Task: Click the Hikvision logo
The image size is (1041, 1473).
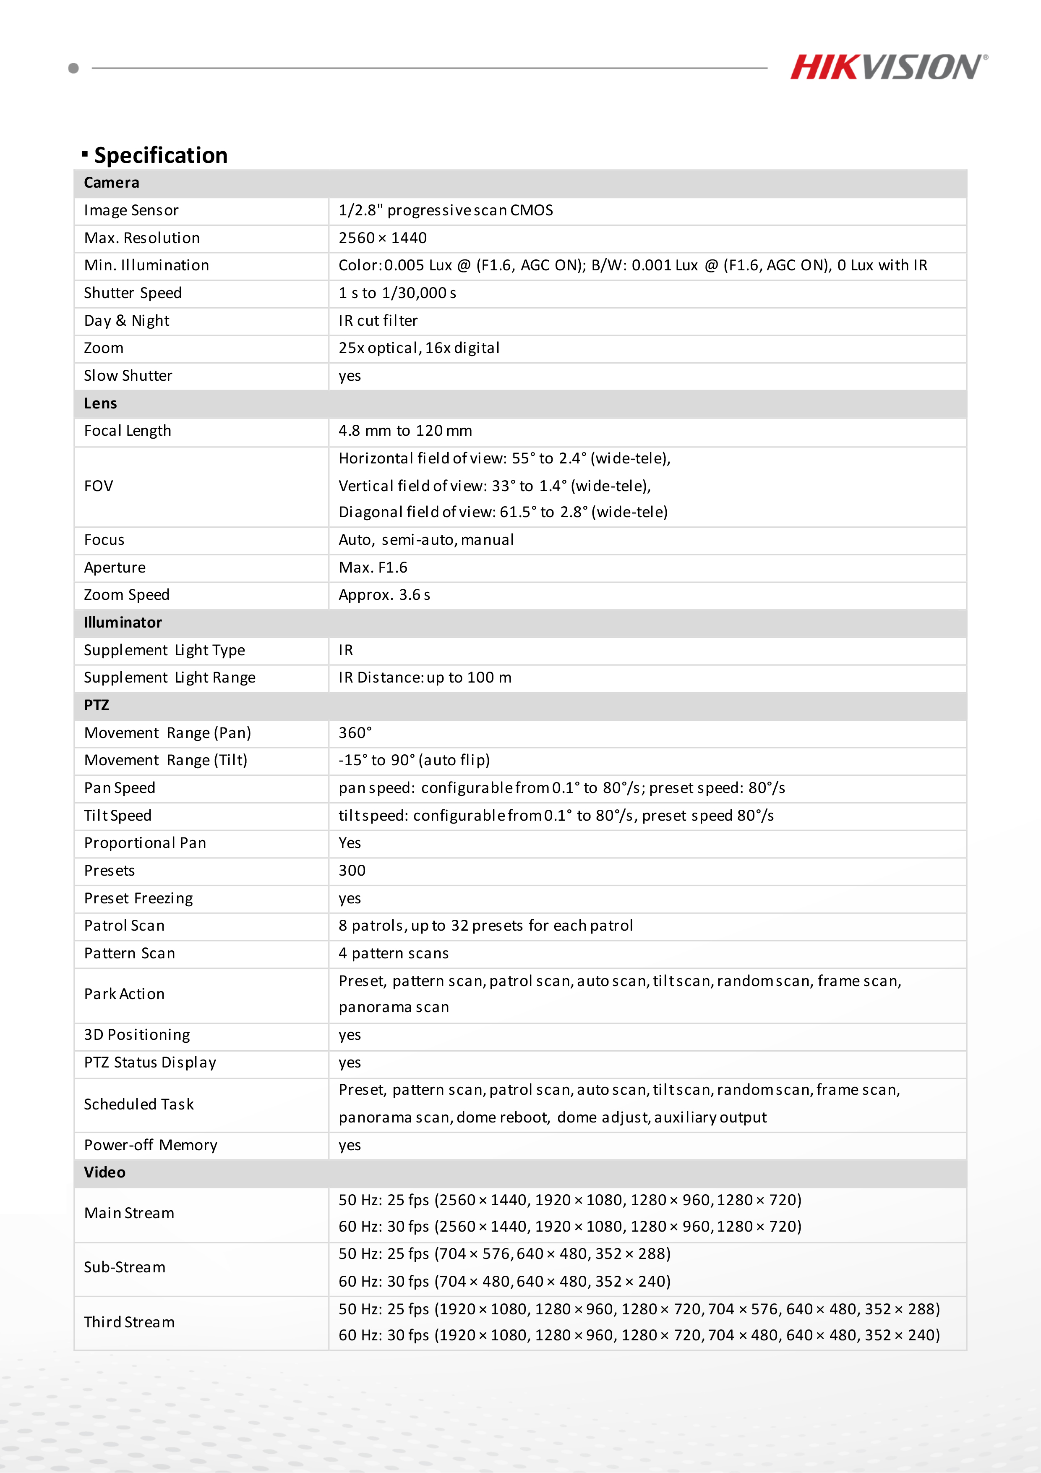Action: pos(888,67)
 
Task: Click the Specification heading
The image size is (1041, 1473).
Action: pos(160,155)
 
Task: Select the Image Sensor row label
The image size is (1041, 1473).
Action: pos(131,210)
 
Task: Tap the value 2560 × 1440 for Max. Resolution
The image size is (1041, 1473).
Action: pos(382,238)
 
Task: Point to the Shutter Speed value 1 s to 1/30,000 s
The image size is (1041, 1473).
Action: pos(397,293)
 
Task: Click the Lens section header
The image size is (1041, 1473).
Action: pos(101,403)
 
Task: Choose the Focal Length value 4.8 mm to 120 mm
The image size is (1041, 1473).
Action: pos(405,430)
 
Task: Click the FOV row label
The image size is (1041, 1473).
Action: pos(98,486)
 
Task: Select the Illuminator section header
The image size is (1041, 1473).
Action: pos(123,622)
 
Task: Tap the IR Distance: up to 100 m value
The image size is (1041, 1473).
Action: pos(425,678)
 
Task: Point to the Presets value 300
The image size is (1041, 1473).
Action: pos(352,871)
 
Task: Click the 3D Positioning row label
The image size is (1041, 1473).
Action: pos(137,1035)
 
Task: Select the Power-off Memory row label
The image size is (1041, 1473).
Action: pos(150,1145)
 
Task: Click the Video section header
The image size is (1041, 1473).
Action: pos(104,1172)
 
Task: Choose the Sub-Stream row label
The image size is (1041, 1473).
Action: pos(125,1267)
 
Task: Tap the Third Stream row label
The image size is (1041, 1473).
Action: pos(129,1322)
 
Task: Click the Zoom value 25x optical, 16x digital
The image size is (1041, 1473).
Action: pos(419,348)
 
